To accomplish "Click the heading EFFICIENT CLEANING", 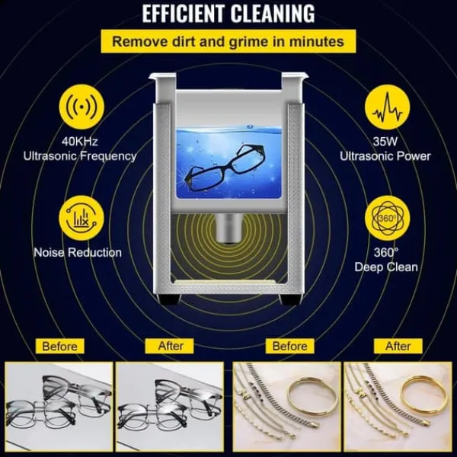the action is (228, 14).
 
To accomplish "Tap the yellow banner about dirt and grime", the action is (228, 41).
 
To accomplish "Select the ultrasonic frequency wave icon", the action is (81, 107).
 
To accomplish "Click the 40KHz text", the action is (79, 142).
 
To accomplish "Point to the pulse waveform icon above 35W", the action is (388, 107).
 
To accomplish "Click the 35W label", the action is (385, 142).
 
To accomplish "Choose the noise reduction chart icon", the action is (81, 218).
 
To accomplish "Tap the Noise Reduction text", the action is (78, 252).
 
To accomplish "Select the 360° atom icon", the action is (388, 218).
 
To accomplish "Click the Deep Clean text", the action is (386, 267).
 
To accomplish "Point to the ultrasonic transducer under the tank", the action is (228, 228).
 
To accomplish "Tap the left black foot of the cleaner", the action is (169, 299).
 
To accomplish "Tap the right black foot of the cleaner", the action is (289, 299).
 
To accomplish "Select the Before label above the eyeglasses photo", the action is (59, 347).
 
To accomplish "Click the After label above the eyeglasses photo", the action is (171, 347).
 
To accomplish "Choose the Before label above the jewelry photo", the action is (290, 347).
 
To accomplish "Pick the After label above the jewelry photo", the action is (398, 347).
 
